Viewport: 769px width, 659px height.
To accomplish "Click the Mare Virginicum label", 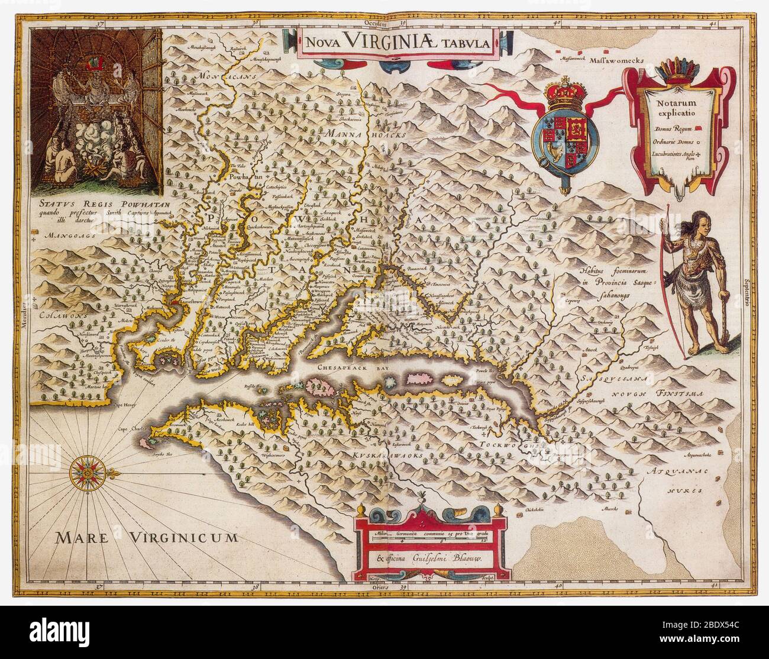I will (x=147, y=537).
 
